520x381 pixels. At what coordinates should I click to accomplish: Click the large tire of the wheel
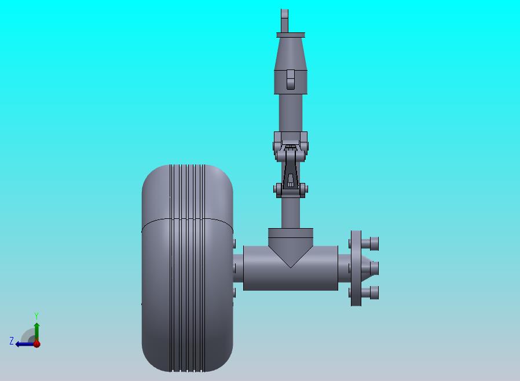pos(188,268)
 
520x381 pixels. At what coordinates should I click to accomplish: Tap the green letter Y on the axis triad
pos(36,316)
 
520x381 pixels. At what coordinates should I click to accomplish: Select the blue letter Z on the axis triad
pos(12,340)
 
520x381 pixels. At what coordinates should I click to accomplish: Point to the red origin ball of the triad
pos(37,344)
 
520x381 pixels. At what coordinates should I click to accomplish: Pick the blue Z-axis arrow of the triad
pos(25,344)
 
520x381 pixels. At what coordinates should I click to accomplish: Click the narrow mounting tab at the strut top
pos(284,21)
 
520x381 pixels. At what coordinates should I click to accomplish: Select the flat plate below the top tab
pos(291,35)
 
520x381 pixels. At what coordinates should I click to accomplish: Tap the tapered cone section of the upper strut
pos(291,53)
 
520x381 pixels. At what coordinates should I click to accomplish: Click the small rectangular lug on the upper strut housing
pos(290,79)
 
